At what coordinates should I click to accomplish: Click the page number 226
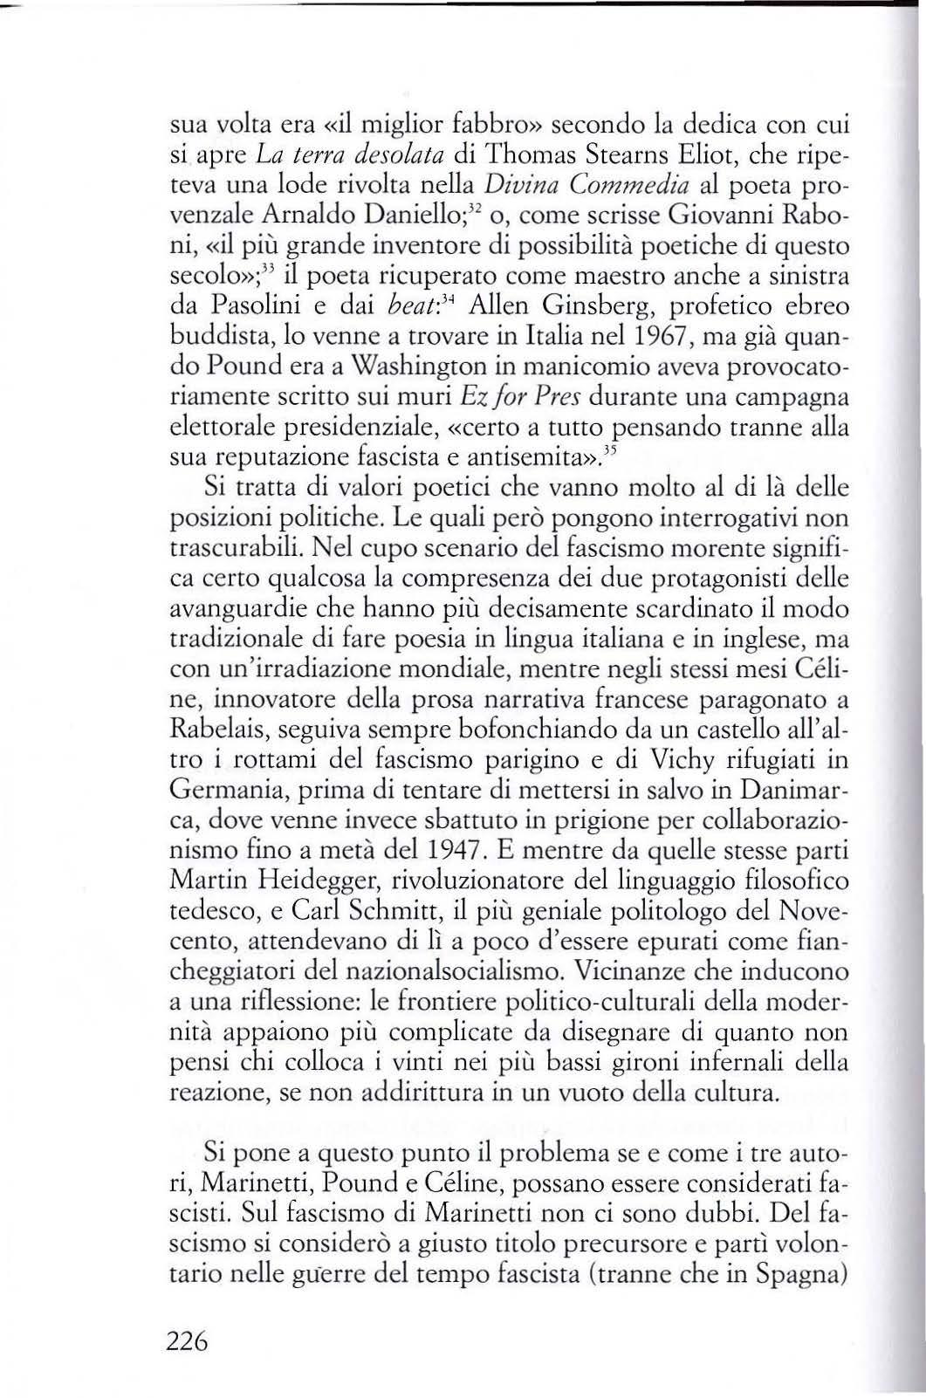point(186,1340)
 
